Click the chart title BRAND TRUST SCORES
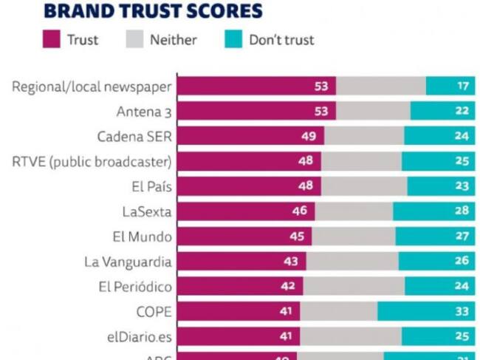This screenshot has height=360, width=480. (x=154, y=10)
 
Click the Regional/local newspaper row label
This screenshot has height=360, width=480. (x=92, y=87)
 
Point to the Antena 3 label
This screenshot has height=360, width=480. (x=144, y=112)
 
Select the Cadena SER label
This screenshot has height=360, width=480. (x=134, y=137)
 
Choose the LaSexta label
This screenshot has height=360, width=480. (x=147, y=212)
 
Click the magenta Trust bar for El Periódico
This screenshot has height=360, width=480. (x=240, y=287)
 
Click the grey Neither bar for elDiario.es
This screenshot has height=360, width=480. (x=352, y=337)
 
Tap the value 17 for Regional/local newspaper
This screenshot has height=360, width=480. (x=463, y=86)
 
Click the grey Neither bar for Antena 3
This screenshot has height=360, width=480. (x=373, y=112)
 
